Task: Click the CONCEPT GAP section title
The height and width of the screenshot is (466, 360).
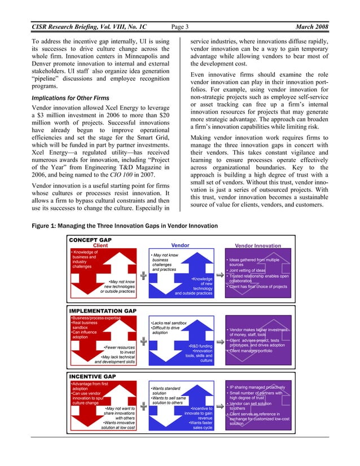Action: point(90,240)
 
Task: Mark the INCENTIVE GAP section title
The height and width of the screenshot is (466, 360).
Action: point(93,376)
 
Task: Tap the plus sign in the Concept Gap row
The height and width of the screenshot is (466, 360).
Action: point(144,274)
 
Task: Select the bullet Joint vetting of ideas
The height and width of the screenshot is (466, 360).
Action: point(247,270)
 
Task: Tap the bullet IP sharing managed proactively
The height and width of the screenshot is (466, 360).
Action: point(257,388)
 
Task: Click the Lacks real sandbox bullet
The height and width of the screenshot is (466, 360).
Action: point(168,323)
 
